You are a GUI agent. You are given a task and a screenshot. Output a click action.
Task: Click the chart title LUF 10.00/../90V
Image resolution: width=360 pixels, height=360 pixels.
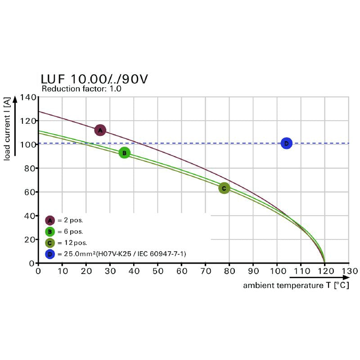point(94,80)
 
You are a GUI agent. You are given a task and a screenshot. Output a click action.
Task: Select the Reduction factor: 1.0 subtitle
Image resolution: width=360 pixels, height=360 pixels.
point(81,89)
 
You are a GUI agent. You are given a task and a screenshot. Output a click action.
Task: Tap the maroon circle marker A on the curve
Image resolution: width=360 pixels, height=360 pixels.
point(100,130)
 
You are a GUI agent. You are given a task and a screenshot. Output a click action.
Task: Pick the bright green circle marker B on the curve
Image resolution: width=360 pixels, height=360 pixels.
point(125,153)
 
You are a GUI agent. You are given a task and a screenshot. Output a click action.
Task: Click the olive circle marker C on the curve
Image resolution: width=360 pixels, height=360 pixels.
point(224,188)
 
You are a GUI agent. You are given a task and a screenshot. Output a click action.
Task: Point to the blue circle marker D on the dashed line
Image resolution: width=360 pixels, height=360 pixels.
point(287,144)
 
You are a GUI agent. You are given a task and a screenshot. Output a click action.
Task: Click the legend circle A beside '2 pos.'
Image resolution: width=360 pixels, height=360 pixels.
point(50,220)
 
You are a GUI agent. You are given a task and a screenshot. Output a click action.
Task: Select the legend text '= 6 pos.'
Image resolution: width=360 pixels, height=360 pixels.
point(70,232)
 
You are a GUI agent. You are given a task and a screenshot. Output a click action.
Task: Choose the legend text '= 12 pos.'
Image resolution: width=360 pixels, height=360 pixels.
point(72,243)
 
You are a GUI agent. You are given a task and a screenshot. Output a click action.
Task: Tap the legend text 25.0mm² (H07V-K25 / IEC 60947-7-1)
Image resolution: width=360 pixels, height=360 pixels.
point(121,254)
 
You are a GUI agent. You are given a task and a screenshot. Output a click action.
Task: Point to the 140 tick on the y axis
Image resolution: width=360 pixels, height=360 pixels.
point(28,98)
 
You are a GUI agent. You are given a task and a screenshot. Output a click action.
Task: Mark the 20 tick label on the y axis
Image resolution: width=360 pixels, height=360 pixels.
point(30,240)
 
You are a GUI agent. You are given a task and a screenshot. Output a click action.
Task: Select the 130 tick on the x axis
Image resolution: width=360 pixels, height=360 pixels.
point(349,271)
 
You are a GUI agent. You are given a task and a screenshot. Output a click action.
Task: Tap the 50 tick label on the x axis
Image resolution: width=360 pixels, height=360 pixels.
point(157,271)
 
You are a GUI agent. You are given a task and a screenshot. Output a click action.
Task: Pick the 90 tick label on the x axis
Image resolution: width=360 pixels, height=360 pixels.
point(253,271)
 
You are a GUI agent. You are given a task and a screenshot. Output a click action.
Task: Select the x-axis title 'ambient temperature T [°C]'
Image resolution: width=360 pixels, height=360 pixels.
point(296,286)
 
